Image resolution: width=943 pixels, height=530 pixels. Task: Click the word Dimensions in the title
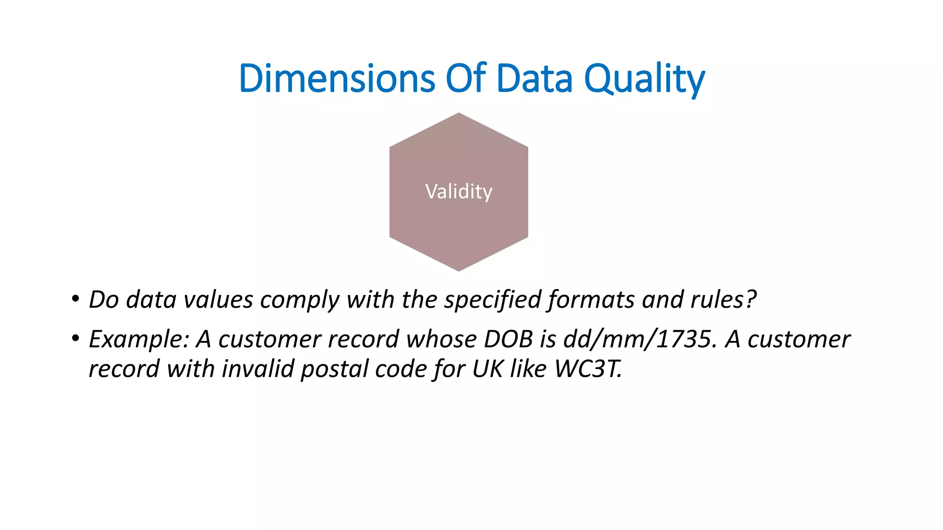point(337,78)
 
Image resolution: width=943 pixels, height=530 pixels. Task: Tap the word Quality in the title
point(644,79)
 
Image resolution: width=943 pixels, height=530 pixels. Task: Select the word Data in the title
point(534,78)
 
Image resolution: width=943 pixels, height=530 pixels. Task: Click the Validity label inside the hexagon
point(459,191)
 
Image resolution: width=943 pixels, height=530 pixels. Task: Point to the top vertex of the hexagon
point(459,114)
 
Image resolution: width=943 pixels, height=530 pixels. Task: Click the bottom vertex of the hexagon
point(459,270)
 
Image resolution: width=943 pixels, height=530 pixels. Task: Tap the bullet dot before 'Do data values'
point(75,299)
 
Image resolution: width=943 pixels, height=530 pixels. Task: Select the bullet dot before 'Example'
point(75,339)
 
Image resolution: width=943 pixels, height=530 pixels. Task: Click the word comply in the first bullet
point(299,300)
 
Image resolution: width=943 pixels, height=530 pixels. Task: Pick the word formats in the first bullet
point(591,300)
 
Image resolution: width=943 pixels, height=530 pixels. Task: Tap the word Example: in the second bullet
point(139,340)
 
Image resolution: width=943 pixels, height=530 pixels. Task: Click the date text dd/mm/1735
point(640,340)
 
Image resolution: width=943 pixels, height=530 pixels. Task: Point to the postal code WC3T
point(588,369)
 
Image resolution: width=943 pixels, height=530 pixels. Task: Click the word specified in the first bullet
point(492,300)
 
